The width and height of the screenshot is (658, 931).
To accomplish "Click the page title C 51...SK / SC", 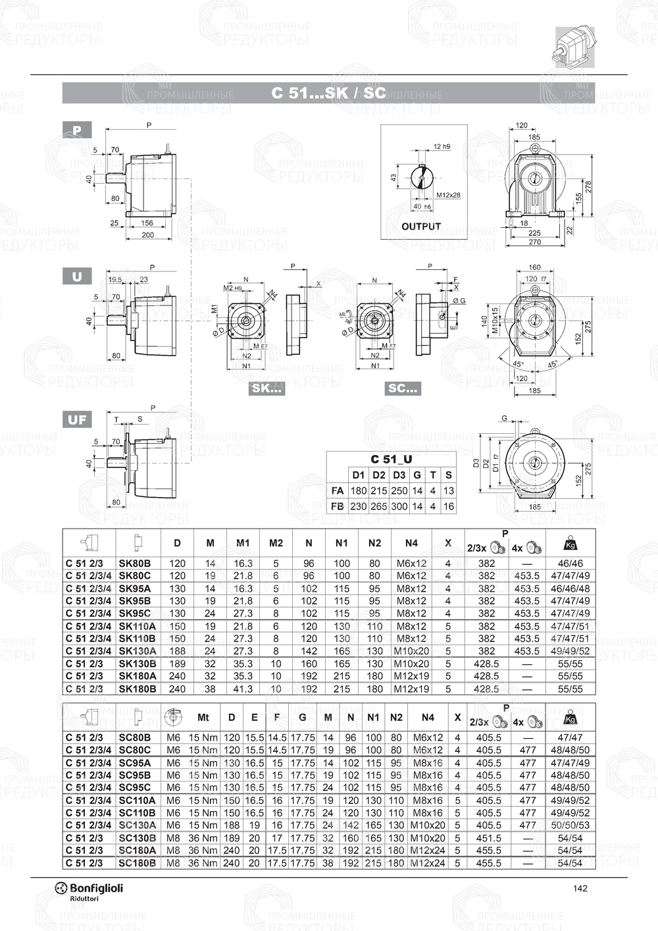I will click(x=328, y=93).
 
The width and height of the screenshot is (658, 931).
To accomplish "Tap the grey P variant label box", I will click(x=77, y=130).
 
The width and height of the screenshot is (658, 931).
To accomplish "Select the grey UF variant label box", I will click(x=77, y=419).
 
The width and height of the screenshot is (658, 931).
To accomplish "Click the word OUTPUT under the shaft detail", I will click(x=421, y=226).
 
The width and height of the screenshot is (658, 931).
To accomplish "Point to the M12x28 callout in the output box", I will click(x=448, y=195).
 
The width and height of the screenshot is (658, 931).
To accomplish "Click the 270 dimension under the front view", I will click(x=534, y=242).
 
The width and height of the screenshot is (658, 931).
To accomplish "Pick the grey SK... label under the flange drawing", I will click(x=267, y=388).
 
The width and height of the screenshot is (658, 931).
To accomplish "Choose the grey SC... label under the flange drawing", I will click(x=403, y=388).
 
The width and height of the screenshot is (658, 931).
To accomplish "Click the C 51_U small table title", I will click(x=392, y=459).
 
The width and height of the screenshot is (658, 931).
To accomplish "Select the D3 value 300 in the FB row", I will click(x=399, y=506).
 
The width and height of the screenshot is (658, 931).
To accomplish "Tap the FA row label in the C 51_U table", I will click(x=338, y=491).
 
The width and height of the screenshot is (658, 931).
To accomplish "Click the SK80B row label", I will click(x=135, y=564).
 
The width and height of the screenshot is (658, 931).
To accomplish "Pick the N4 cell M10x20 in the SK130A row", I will click(x=411, y=651).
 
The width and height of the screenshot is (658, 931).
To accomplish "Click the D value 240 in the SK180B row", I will click(x=177, y=689).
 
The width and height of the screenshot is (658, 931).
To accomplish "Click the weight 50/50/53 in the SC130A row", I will click(x=570, y=825).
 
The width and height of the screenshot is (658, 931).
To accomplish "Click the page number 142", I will click(x=580, y=888).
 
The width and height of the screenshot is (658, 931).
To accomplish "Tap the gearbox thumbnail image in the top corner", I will click(x=575, y=47).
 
